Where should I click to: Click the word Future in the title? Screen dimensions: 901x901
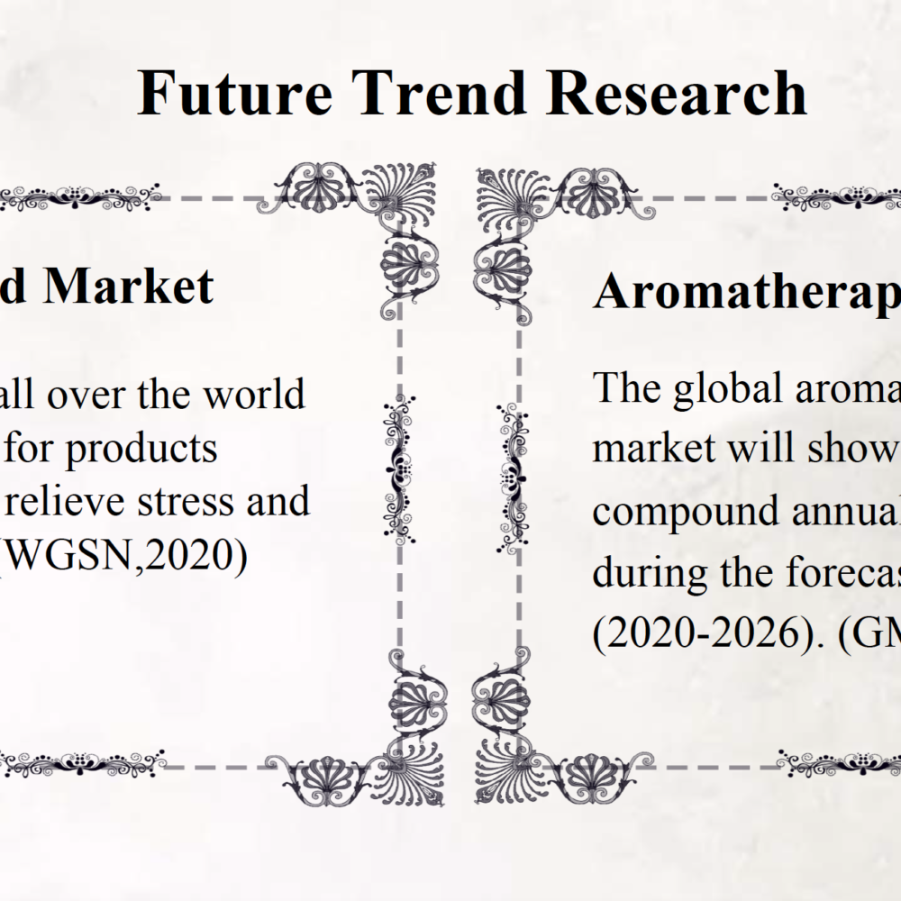pyautogui.click(x=235, y=93)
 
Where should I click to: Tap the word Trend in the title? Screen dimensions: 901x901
pyautogui.click(x=440, y=93)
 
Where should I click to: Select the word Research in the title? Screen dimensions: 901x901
pyautogui.click(x=677, y=93)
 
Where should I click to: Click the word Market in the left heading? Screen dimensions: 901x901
pyautogui.click(x=128, y=286)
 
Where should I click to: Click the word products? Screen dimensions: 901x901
pyautogui.click(x=141, y=450)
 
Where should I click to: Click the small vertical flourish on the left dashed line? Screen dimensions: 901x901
pyautogui.click(x=399, y=469)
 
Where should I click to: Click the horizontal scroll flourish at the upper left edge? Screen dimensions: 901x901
pyautogui.click(x=80, y=196)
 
